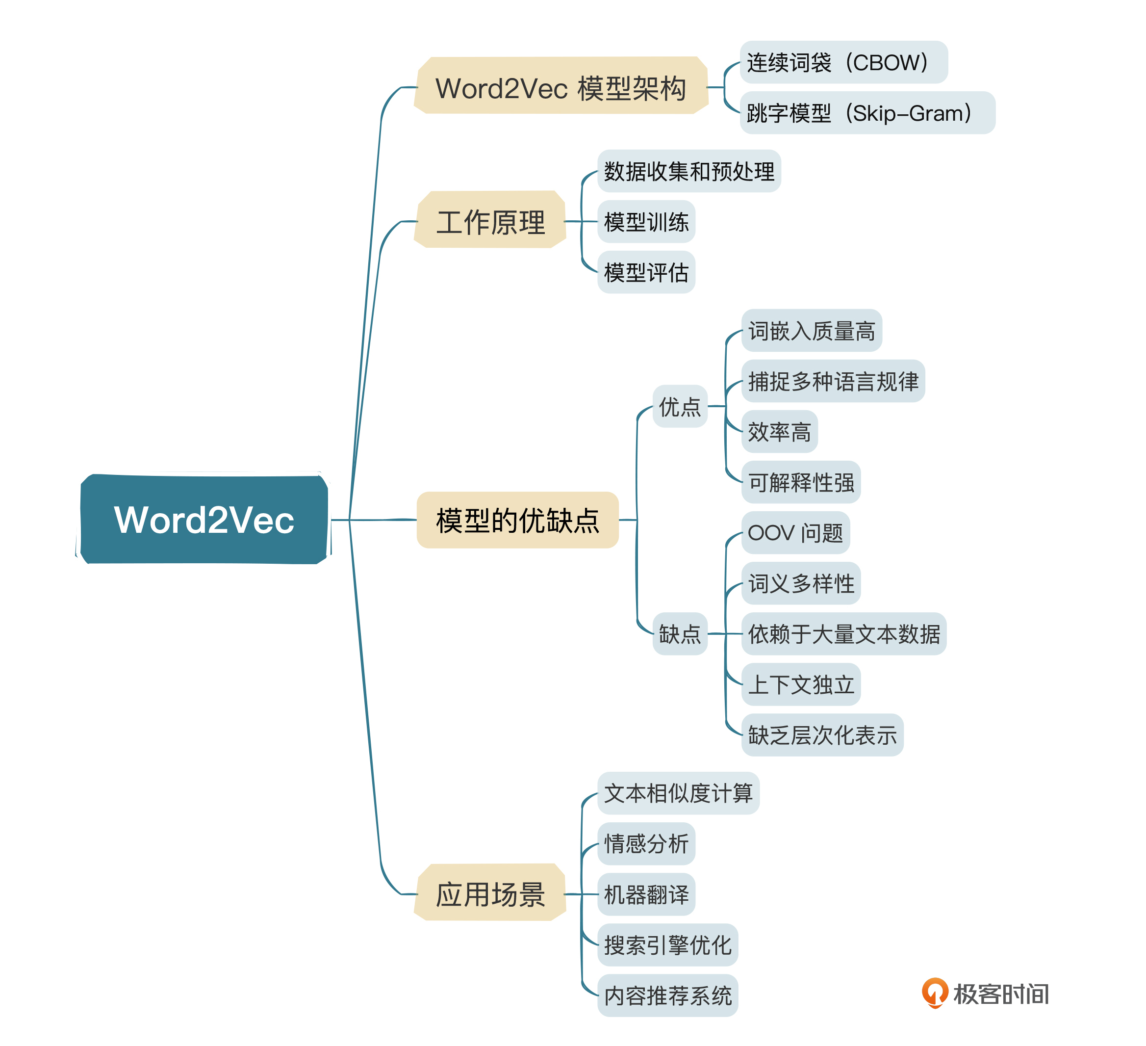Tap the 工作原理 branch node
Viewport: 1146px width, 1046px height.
click(x=490, y=221)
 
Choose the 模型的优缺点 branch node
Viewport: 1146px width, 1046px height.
click(x=517, y=520)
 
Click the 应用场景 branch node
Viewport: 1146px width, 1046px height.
click(x=490, y=893)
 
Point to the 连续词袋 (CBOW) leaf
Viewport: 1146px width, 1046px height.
click(x=843, y=62)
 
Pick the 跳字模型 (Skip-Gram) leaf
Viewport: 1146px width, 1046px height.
click(x=867, y=113)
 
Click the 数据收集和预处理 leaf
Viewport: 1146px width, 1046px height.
click(x=688, y=171)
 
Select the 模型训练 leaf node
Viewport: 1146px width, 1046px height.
click(x=646, y=221)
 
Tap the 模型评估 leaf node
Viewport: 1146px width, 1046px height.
click(x=646, y=272)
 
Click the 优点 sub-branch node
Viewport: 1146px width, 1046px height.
click(x=679, y=406)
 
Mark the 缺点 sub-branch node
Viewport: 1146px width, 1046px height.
click(x=679, y=633)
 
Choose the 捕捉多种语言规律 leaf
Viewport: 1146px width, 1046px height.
click(x=833, y=381)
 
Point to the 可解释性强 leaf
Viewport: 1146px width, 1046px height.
click(x=800, y=482)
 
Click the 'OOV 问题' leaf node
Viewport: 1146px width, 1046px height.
click(x=795, y=532)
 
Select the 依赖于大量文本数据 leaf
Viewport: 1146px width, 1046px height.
click(x=843, y=633)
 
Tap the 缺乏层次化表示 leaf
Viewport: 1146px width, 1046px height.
click(x=822, y=734)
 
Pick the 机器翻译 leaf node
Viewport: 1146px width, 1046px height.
click(x=646, y=894)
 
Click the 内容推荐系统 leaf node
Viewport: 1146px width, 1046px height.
click(x=667, y=995)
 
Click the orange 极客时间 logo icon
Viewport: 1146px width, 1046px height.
click(x=935, y=993)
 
